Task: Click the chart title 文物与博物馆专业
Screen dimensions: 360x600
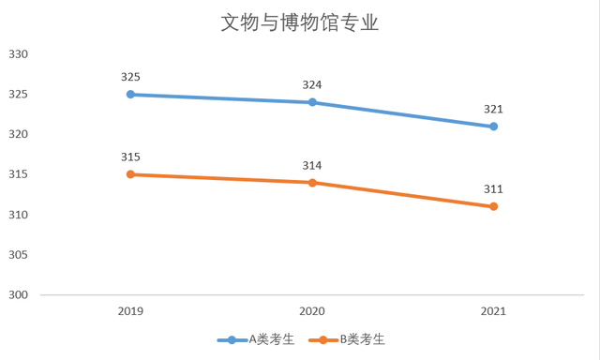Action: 300,22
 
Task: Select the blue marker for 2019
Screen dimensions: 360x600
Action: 130,94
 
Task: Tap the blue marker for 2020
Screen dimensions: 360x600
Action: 312,102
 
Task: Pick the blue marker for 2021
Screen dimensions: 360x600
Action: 493,126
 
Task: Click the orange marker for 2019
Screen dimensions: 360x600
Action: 130,174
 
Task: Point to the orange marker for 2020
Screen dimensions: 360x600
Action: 312,182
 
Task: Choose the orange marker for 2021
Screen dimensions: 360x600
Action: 493,206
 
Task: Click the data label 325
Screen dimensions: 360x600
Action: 130,77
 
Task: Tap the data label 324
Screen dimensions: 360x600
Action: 312,85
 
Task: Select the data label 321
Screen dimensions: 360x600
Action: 493,110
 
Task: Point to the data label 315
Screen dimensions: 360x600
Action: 130,157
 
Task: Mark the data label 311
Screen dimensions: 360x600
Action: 493,189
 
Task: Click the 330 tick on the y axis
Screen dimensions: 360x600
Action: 19,54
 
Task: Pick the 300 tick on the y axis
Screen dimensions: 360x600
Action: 19,295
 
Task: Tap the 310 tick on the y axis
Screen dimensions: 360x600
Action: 19,215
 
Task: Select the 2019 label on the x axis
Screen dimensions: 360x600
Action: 130,311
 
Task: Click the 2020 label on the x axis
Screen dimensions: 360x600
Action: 312,311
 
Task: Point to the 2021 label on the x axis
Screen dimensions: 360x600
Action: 493,311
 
